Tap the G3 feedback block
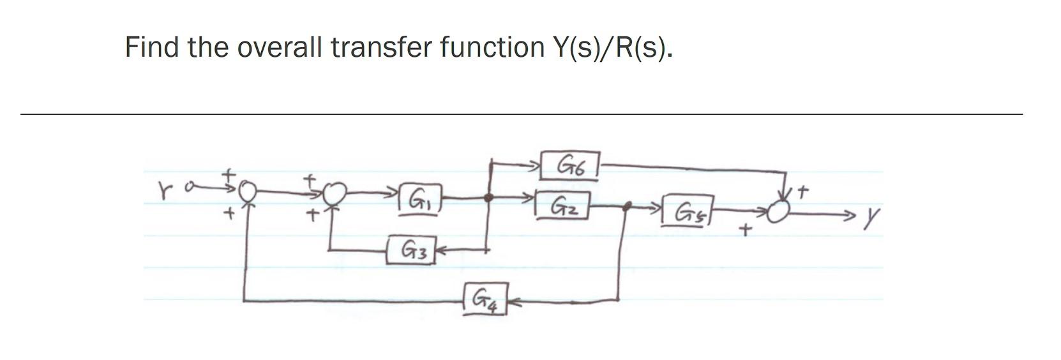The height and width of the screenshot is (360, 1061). (410, 251)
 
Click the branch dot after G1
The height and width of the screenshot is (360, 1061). (489, 198)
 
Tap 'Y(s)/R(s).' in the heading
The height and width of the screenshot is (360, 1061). (611, 47)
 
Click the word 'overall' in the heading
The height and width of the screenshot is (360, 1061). (278, 47)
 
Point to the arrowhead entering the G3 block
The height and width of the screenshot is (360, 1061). (440, 251)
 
